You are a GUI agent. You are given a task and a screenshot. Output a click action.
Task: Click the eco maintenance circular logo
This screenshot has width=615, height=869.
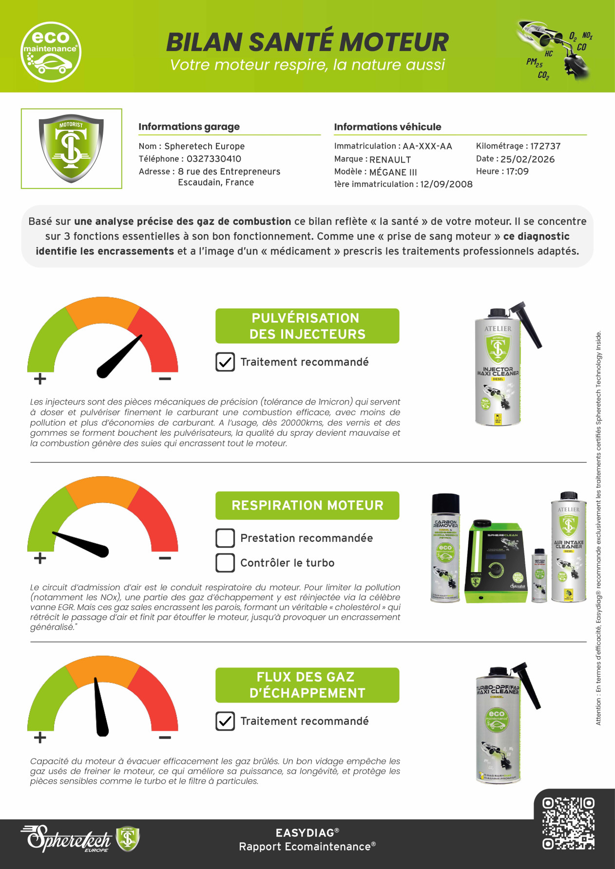coord(51,52)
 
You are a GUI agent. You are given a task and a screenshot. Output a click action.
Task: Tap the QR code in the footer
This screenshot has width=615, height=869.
coord(568,823)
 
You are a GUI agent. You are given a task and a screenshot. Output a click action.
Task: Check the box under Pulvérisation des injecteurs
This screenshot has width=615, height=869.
coord(225,362)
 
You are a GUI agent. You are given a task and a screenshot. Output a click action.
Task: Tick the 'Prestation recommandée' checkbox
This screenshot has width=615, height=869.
coord(225,538)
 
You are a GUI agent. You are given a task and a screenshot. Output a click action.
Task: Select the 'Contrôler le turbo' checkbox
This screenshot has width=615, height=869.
coord(225,563)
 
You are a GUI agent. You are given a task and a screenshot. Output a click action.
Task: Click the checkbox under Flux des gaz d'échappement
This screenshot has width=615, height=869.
coord(225,721)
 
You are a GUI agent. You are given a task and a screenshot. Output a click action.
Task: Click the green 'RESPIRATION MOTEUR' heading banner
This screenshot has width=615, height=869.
coord(307,505)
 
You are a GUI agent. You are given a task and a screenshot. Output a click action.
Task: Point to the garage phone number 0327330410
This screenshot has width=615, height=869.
coord(213,159)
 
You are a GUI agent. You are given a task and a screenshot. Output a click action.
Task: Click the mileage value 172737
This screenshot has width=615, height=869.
coord(545,146)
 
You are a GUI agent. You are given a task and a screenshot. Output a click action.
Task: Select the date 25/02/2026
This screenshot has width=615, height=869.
coord(527,159)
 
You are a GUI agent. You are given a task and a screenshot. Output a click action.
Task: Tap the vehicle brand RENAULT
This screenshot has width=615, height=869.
coord(390,160)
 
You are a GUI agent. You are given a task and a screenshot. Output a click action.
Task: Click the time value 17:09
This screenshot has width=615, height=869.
coord(517,171)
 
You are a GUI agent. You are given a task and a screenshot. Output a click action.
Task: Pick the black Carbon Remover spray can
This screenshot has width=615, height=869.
coord(445,548)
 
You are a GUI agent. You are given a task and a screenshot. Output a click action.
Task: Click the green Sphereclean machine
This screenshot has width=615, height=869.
coord(495,562)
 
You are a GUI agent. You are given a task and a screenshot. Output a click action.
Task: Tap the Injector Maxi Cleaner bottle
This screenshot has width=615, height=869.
coord(498,370)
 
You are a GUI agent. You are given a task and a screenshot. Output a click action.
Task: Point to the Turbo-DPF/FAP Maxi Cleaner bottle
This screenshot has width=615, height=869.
coord(498,725)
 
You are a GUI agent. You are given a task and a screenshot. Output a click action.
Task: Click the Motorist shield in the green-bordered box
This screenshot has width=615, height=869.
coord(71,148)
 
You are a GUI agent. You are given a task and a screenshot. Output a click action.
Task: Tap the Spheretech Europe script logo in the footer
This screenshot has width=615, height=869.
coord(68,839)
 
